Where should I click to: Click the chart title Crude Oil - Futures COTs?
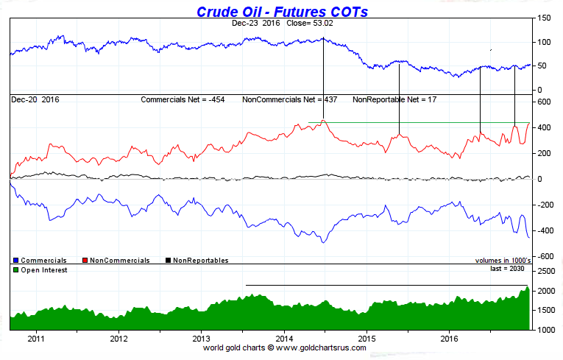pyautogui.click(x=282, y=12)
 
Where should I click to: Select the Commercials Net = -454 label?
pyautogui.click(x=183, y=99)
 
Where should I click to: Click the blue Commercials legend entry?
pyautogui.click(x=40, y=260)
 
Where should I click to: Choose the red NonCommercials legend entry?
pyautogui.click(x=118, y=260)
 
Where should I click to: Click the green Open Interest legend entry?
pyautogui.click(x=40, y=270)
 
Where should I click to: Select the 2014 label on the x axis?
pyautogui.click(x=283, y=339)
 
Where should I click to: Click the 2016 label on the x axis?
pyautogui.click(x=448, y=339)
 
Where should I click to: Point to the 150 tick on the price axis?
pyautogui.click(x=545, y=18)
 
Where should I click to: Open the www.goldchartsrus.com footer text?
pyautogui.click(x=318, y=347)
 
